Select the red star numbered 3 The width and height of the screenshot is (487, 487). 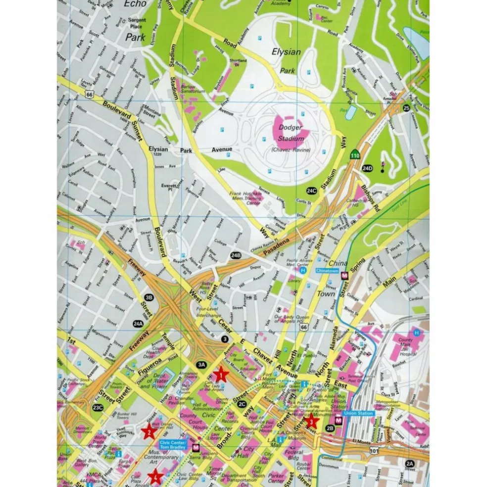tap(311, 422)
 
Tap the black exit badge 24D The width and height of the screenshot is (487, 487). tap(367, 168)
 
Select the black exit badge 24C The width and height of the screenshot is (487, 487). tap(311, 191)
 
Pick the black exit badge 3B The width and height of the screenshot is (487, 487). tap(149, 297)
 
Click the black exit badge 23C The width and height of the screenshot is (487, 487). tap(97, 408)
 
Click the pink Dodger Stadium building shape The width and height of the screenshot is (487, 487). tap(291, 130)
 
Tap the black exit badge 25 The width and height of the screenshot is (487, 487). tap(406, 108)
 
